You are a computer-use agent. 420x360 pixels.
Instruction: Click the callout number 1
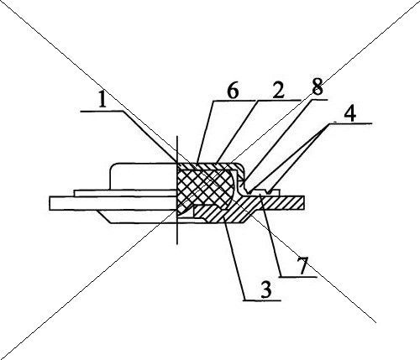click(102, 100)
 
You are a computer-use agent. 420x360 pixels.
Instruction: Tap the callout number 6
click(233, 91)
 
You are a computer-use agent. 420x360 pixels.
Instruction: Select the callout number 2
click(278, 90)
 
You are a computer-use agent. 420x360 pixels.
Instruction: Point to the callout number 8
click(318, 86)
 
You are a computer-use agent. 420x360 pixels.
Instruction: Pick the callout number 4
click(350, 114)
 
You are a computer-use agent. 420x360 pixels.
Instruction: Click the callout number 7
click(303, 266)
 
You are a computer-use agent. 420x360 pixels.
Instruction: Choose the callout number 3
click(265, 290)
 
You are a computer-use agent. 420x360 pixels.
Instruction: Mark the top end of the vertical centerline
click(176, 136)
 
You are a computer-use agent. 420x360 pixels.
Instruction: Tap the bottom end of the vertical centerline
click(176, 244)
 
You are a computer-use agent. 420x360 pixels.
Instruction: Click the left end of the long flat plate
click(50, 203)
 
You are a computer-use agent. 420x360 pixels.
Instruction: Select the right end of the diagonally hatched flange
click(304, 203)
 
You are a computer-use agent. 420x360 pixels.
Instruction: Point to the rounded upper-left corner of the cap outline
click(113, 166)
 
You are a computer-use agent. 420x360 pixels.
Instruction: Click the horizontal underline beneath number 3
click(262, 300)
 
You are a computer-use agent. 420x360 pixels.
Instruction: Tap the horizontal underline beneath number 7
click(298, 277)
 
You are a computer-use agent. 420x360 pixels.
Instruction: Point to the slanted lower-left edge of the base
click(104, 217)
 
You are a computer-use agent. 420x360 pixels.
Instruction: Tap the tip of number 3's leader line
click(224, 216)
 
